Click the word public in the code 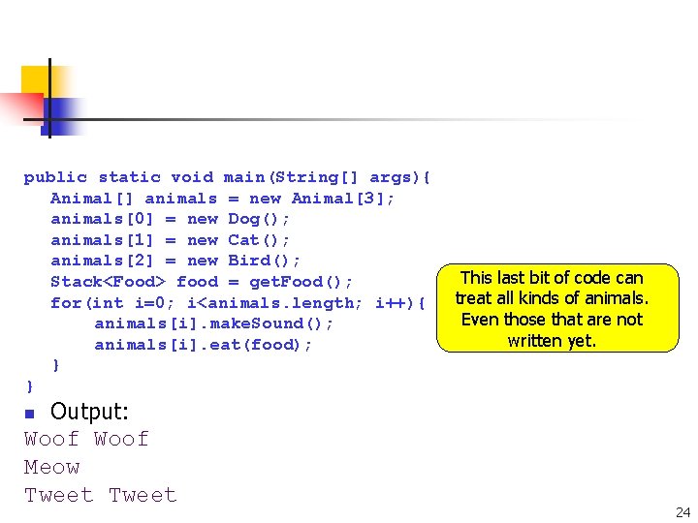pos(55,177)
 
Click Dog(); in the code pos(259,219)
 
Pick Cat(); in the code pos(259,240)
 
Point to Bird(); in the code pos(265,261)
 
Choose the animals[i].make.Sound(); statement pos(213,323)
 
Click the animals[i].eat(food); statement pos(204,345)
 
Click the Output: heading pos(89,412)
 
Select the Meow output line pos(52,468)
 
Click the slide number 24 pos(682,511)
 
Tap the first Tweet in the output pos(58,496)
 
